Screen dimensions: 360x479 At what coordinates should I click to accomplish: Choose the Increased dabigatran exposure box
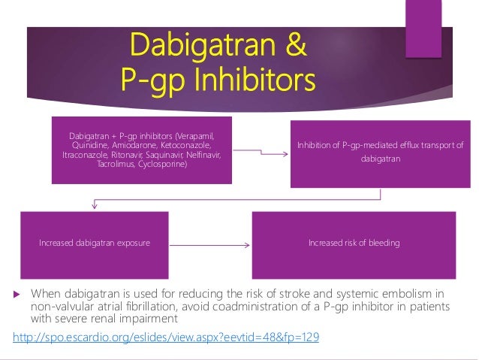click(x=95, y=244)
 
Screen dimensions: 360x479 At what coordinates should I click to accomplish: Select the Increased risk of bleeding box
click(x=354, y=244)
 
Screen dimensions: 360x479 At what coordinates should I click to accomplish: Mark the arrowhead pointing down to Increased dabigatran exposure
click(x=94, y=204)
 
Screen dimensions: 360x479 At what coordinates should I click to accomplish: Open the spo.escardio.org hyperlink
click(x=166, y=337)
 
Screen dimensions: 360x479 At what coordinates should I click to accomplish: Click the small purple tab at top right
click(x=423, y=29)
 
